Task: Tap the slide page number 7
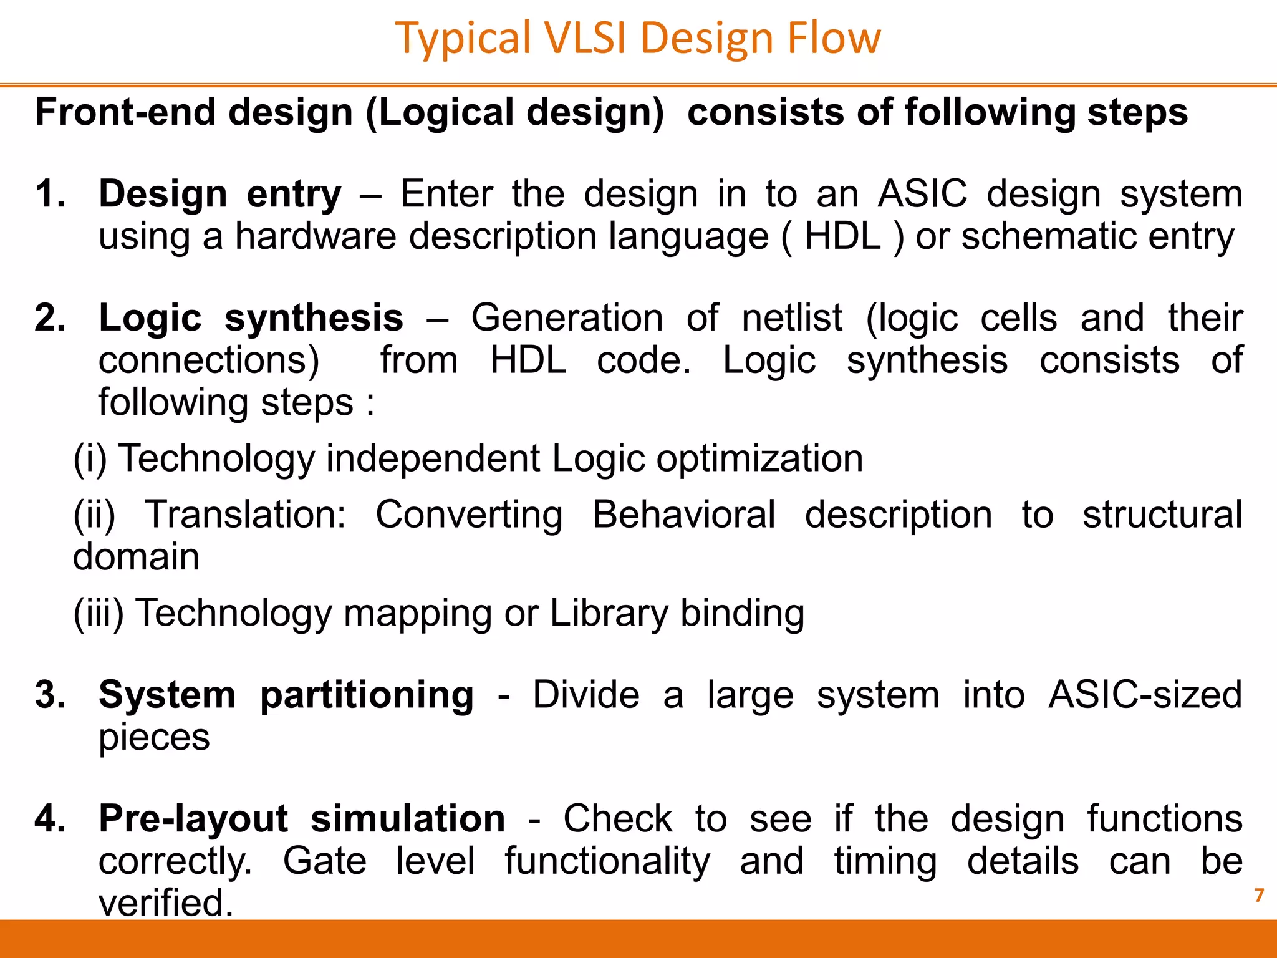tap(1259, 896)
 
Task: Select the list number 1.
tap(50, 194)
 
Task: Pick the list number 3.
tap(50, 695)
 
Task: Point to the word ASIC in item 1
tap(922, 194)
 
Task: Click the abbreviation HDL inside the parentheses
tap(842, 236)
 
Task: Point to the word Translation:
tap(246, 515)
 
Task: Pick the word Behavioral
tap(684, 515)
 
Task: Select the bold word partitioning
tap(367, 695)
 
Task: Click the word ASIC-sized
tap(1145, 695)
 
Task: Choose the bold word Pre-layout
tap(193, 819)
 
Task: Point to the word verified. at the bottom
tap(166, 902)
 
